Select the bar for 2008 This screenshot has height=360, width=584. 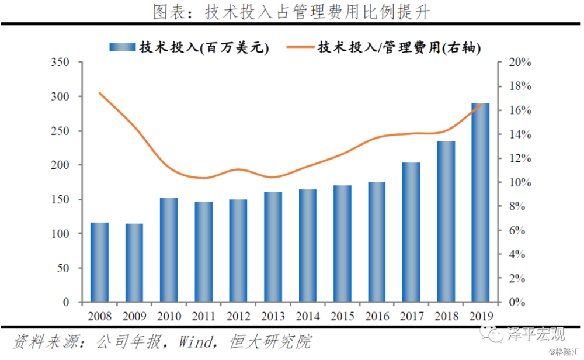(x=99, y=262)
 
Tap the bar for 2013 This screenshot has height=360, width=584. (x=272, y=247)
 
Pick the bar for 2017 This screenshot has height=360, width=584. (x=411, y=232)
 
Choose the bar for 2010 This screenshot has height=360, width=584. (x=169, y=250)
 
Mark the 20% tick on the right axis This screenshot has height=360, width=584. (x=516, y=63)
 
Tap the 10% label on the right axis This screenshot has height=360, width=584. (x=516, y=182)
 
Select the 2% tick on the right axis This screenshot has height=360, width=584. (x=516, y=279)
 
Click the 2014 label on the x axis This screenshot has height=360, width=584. (x=307, y=316)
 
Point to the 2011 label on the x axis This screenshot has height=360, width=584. (x=203, y=316)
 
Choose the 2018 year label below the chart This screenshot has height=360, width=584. (x=446, y=316)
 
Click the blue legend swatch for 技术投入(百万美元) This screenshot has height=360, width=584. (x=122, y=47)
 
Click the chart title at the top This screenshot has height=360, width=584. (x=292, y=12)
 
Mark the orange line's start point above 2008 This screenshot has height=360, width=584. (x=100, y=93)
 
